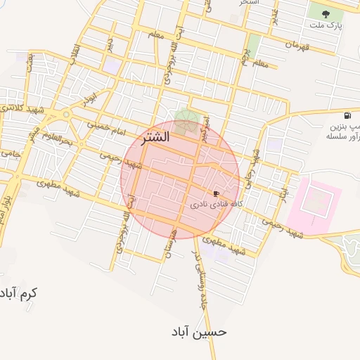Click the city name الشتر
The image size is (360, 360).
pos(155,137)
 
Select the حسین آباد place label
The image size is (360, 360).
pos(200,330)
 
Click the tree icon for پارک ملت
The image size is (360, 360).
pos(328,13)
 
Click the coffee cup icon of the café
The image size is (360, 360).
pos(216,193)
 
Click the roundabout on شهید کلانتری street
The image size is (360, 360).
pos(66,114)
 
